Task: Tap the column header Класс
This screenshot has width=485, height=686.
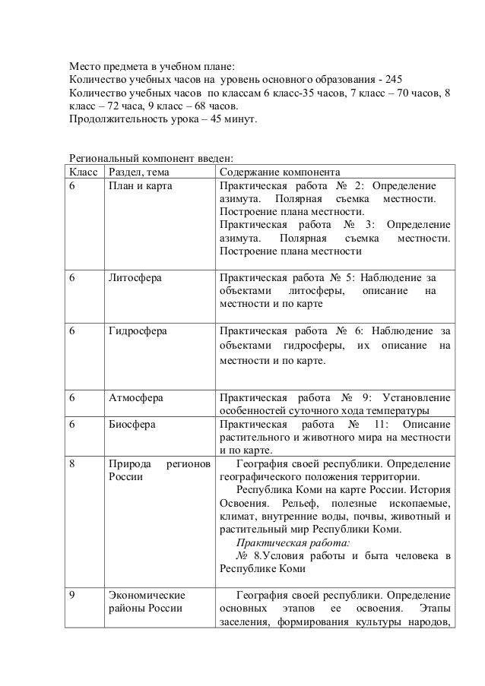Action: coord(83,171)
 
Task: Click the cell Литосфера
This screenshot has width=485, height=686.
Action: coord(135,278)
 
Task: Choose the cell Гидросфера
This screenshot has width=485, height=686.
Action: coord(138,331)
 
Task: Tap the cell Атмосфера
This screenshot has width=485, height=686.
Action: coord(136,397)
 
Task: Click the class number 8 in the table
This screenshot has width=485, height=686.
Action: coord(72,463)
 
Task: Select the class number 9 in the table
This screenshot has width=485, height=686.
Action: coord(72,596)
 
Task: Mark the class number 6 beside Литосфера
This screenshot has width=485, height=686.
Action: coord(72,278)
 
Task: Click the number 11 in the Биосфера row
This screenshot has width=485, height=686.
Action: coord(379,424)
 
